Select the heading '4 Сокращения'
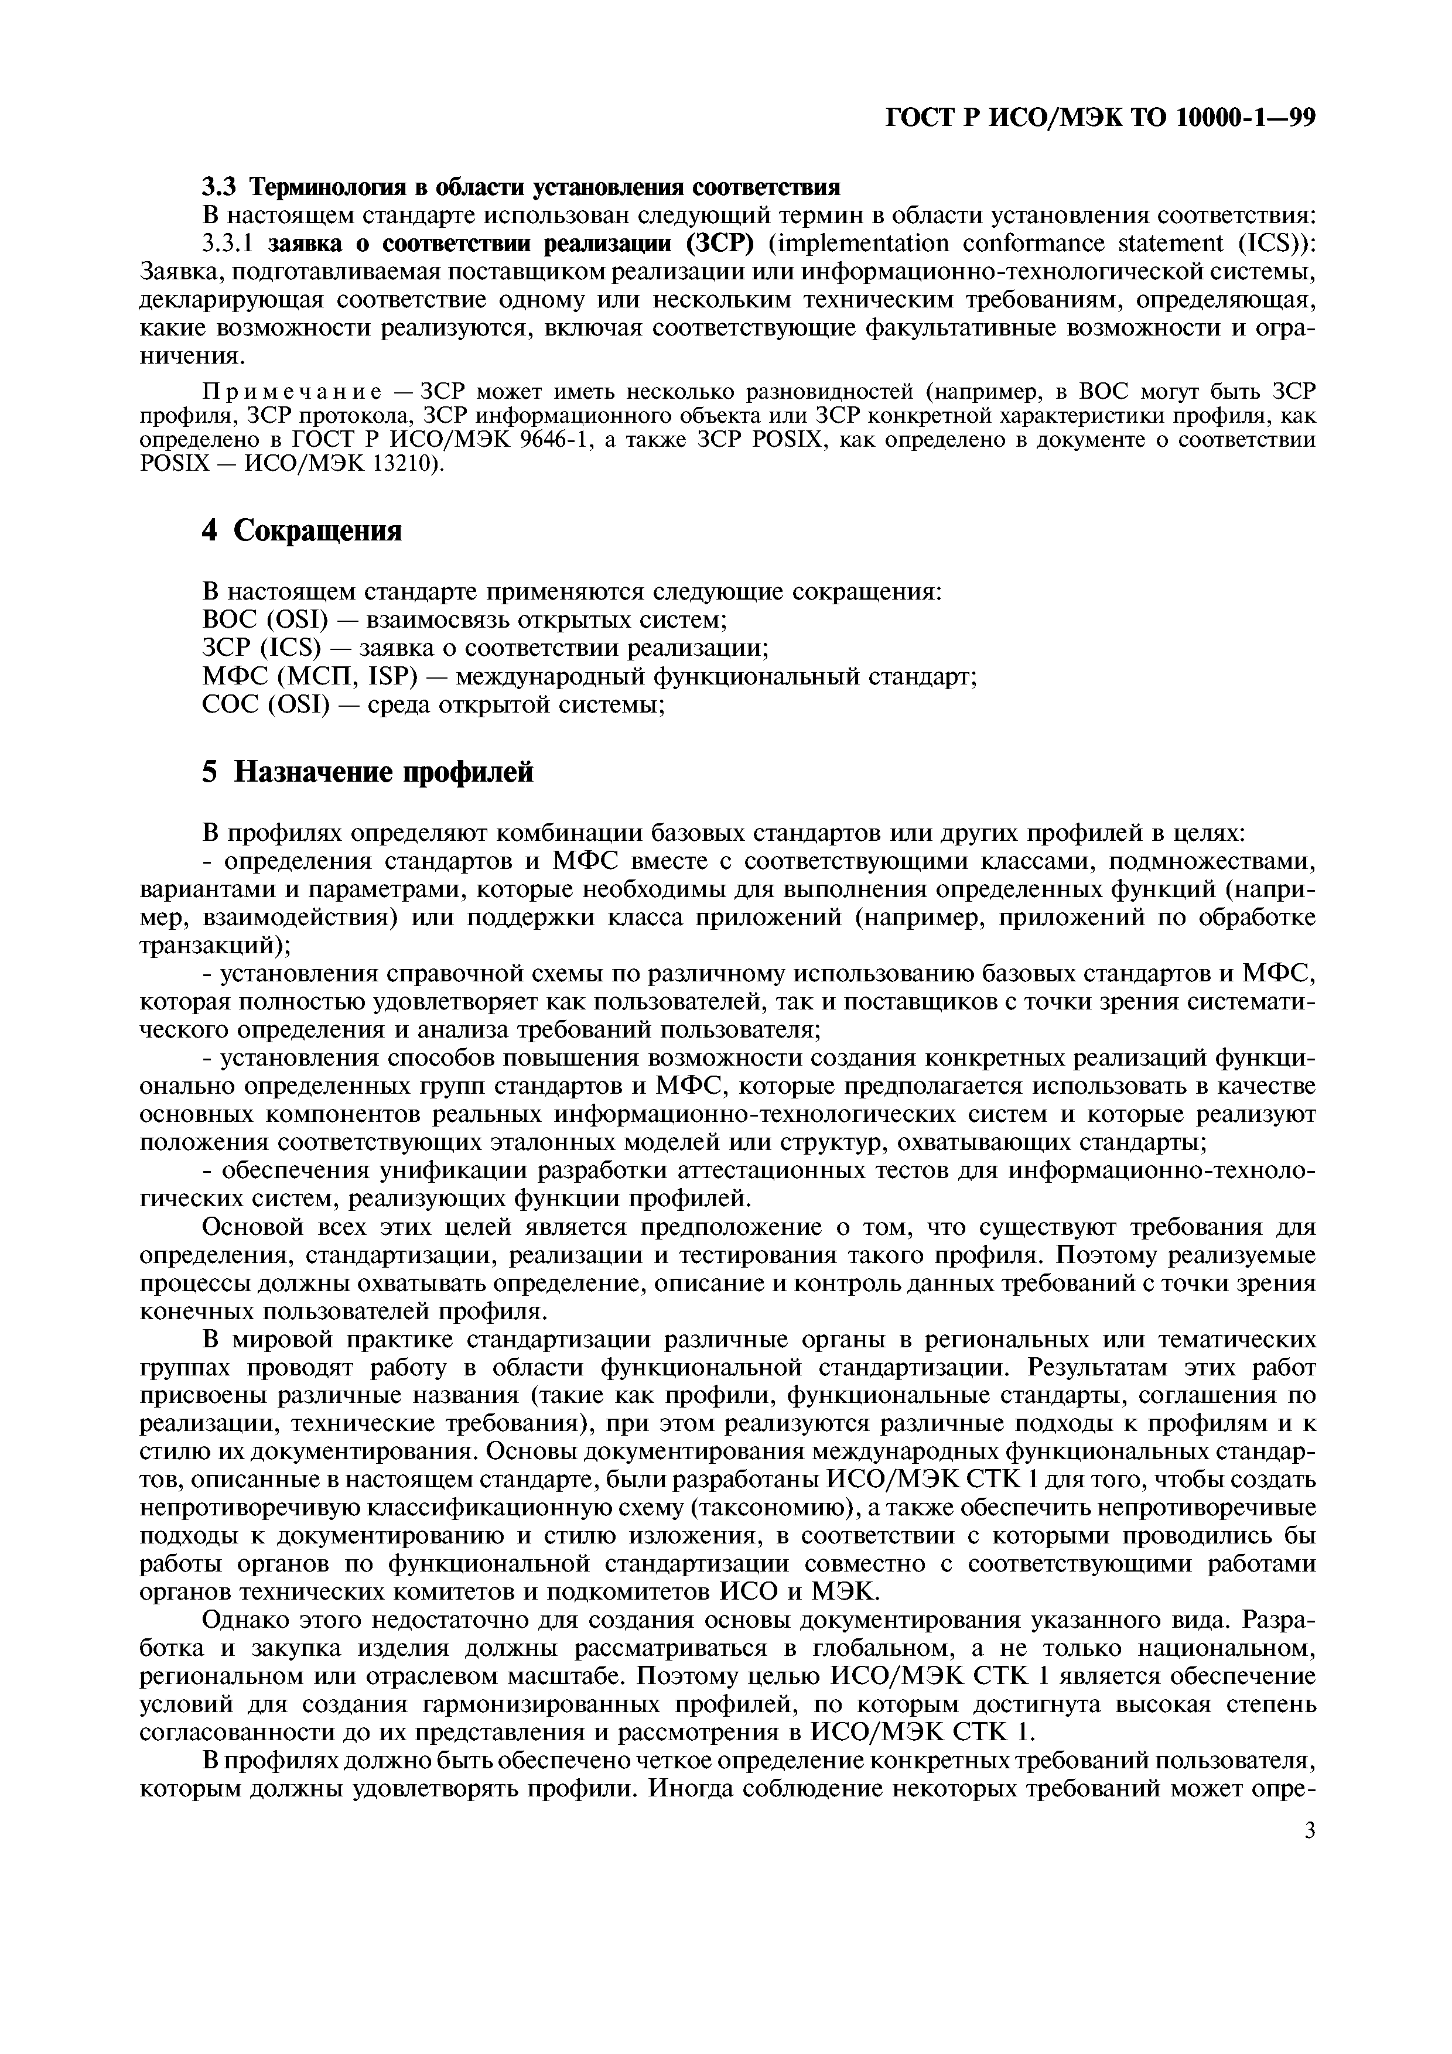tap(302, 532)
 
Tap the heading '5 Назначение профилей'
tap(367, 771)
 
